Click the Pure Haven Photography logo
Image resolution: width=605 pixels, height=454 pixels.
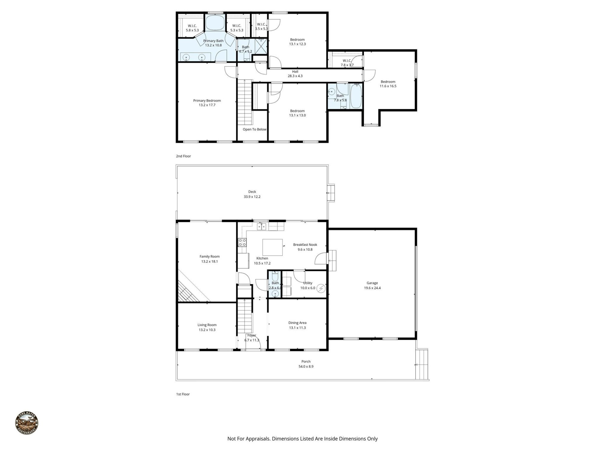coord(27,423)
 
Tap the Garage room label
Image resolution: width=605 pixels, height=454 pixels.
coord(372,283)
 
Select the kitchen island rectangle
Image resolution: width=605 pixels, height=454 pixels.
coord(272,247)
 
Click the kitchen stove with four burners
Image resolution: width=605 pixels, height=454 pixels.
coord(242,242)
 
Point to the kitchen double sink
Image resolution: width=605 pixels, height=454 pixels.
coord(262,226)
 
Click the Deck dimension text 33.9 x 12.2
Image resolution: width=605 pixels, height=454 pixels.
coord(252,197)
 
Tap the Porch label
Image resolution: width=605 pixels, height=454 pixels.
coord(306,362)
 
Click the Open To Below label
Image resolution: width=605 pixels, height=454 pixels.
coord(254,129)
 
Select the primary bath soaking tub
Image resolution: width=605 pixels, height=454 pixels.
coord(215,23)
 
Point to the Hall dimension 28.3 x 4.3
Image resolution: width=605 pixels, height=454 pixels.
coord(295,76)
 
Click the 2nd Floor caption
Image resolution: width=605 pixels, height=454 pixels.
coord(183,156)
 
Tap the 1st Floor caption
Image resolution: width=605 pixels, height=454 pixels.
coord(183,394)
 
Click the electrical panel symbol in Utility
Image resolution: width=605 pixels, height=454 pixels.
coord(321,288)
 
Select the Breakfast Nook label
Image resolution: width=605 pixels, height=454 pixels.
coord(305,245)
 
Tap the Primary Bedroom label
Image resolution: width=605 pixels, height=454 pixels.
coord(207,101)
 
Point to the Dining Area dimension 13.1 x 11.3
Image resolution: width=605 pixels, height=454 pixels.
coord(297,328)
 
